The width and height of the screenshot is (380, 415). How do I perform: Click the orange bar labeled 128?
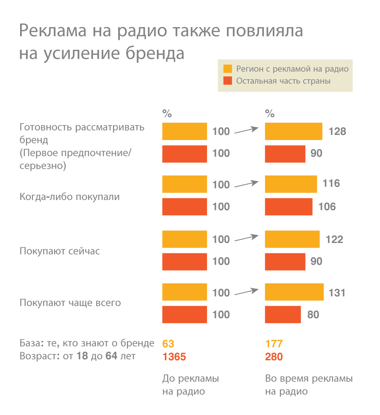tap(293, 131)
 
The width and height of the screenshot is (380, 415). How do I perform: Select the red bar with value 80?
tap(283, 314)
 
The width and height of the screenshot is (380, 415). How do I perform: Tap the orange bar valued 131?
tap(294, 292)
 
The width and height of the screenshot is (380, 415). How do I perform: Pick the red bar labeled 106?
tap(289, 206)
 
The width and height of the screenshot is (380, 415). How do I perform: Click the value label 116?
tap(331, 183)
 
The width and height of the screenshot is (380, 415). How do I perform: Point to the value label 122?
tap(334, 239)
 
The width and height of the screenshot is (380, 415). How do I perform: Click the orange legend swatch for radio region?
tap(227, 69)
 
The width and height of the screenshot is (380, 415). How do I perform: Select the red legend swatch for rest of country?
tap(227, 81)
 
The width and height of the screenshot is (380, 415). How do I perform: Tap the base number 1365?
tap(174, 357)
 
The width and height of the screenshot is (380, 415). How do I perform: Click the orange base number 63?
tap(168, 344)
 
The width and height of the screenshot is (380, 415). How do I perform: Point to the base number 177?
tap(274, 344)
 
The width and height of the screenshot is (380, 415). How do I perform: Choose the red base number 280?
tap(274, 357)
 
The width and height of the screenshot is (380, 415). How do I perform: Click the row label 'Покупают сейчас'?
tap(60, 251)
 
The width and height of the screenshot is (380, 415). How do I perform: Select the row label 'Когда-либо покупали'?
tap(69, 196)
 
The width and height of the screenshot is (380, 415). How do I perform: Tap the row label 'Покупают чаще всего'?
tap(70, 303)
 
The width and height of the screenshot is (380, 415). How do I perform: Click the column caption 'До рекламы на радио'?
tap(190, 385)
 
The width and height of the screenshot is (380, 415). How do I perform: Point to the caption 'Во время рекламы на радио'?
tap(309, 385)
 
